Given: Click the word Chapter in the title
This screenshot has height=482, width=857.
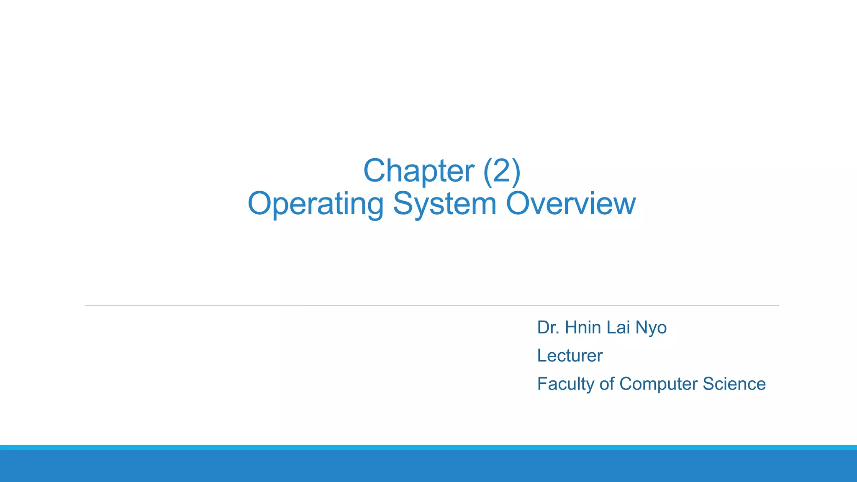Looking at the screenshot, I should (x=418, y=171).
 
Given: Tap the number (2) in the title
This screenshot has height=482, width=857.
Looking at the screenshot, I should (x=502, y=171).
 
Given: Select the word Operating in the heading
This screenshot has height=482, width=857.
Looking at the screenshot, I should (x=316, y=204).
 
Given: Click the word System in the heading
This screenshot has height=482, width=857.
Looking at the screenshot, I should (x=444, y=204).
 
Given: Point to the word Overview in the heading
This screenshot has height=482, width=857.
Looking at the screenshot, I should (x=571, y=203).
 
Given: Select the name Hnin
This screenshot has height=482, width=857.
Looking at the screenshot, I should (x=583, y=327).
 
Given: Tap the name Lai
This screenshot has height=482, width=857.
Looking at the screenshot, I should (x=618, y=327).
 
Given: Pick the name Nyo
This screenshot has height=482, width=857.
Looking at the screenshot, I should (x=651, y=328).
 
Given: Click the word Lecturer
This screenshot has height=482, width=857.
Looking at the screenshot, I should (x=570, y=356).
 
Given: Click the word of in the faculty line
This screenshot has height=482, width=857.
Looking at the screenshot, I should (x=606, y=384).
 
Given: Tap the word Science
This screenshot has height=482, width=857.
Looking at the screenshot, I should (x=734, y=384).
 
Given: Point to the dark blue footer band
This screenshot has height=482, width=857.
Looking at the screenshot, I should (x=428, y=466).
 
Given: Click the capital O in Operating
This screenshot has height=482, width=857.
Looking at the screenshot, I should (x=259, y=203).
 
